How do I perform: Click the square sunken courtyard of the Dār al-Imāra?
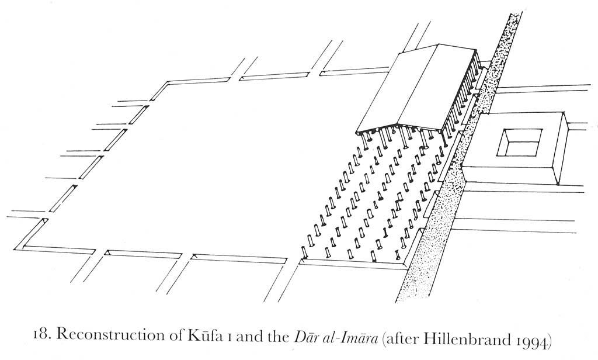tap(519, 143)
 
